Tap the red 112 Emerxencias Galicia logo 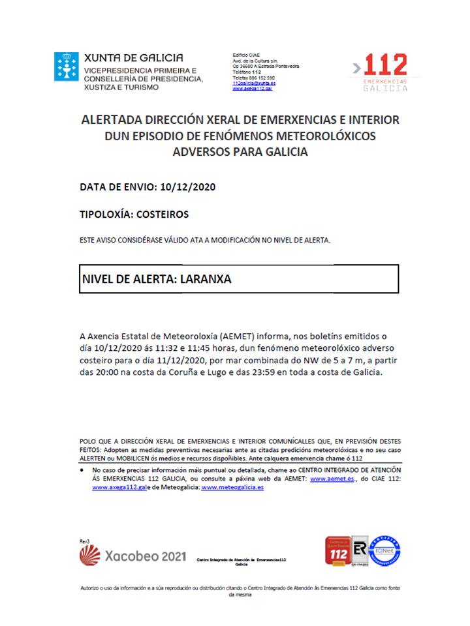pos(385,71)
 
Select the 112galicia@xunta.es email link pos(253,83)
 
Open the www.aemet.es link pos(332,479)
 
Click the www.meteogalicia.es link pos(232,487)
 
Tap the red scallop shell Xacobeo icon pos(90,555)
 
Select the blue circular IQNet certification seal pos(385,550)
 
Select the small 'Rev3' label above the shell pos(84,541)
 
